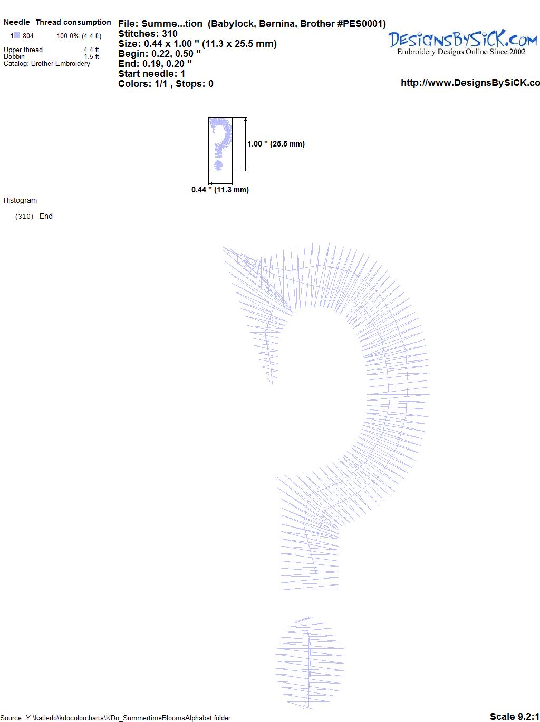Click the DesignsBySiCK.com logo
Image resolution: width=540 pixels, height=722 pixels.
pyautogui.click(x=462, y=43)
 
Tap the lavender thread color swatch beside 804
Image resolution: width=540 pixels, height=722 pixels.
pyautogui.click(x=17, y=35)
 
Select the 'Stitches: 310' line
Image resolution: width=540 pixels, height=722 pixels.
pyautogui.click(x=148, y=34)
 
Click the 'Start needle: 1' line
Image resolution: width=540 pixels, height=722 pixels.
pyautogui.click(x=151, y=74)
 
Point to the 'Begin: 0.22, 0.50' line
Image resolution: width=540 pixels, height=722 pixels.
pyautogui.click(x=159, y=54)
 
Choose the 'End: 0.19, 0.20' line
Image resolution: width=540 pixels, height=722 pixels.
pyautogui.click(x=155, y=63)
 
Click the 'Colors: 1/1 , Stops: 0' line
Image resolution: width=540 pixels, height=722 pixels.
pyautogui.click(x=166, y=84)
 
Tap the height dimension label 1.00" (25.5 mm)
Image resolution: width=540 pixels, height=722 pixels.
pyautogui.click(x=276, y=144)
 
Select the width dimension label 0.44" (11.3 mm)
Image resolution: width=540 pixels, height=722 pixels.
pyautogui.click(x=220, y=190)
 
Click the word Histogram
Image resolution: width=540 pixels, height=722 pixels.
pyautogui.click(x=20, y=200)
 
